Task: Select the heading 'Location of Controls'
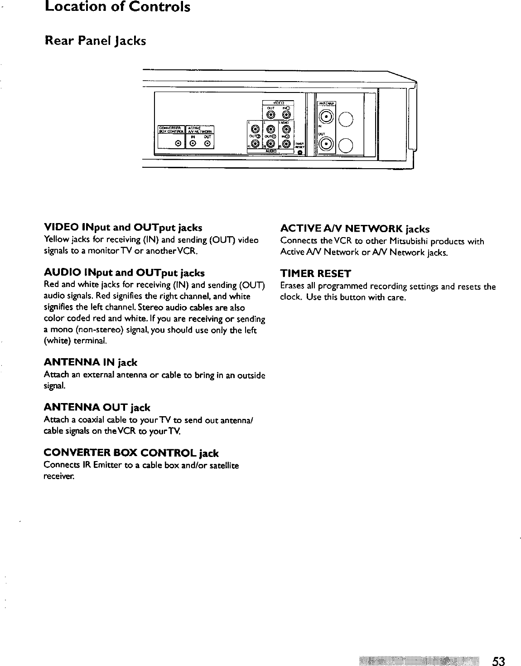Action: coord(117,7)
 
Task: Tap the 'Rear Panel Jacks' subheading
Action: coord(95,41)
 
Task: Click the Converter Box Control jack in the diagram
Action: coord(179,144)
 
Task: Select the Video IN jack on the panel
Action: coord(286,115)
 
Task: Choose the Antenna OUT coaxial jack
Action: coord(326,145)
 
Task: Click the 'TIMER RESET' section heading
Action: coord(316,274)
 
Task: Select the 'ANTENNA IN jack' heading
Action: coord(90,363)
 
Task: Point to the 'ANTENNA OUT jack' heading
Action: coord(97,408)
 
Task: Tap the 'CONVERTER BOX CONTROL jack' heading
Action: coord(131,453)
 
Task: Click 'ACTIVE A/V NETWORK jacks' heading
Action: coord(355,228)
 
